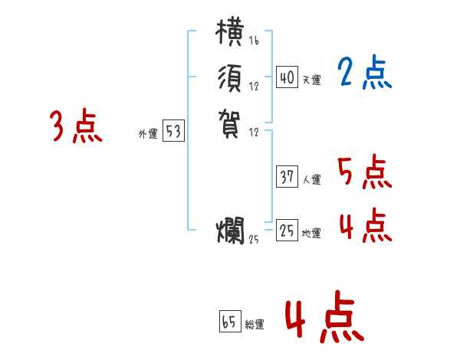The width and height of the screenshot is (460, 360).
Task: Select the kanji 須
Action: (231, 79)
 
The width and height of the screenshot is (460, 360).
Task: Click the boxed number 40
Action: (287, 77)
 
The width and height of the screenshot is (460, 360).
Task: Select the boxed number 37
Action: (287, 177)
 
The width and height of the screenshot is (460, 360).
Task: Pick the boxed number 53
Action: (173, 132)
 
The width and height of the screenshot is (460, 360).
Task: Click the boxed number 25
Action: (287, 231)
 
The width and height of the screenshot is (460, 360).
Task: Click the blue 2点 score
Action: (364, 74)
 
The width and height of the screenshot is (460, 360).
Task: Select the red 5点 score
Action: (364, 172)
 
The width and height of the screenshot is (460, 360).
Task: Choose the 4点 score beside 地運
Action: (364, 227)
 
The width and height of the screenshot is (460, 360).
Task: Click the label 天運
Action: (311, 80)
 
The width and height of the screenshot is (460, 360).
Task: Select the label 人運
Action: (311, 180)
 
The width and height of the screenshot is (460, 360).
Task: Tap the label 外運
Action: (148, 134)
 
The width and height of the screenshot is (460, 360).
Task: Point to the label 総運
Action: (255, 324)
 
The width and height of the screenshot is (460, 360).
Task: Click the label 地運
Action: (311, 234)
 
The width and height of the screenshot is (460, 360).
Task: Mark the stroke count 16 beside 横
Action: (254, 41)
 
